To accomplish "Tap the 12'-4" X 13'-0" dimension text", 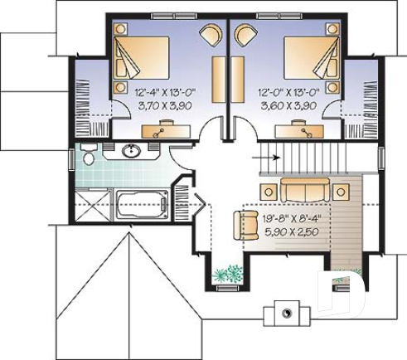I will (162, 94).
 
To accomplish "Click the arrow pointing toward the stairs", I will (268, 155).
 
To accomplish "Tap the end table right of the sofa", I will (340, 191).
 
